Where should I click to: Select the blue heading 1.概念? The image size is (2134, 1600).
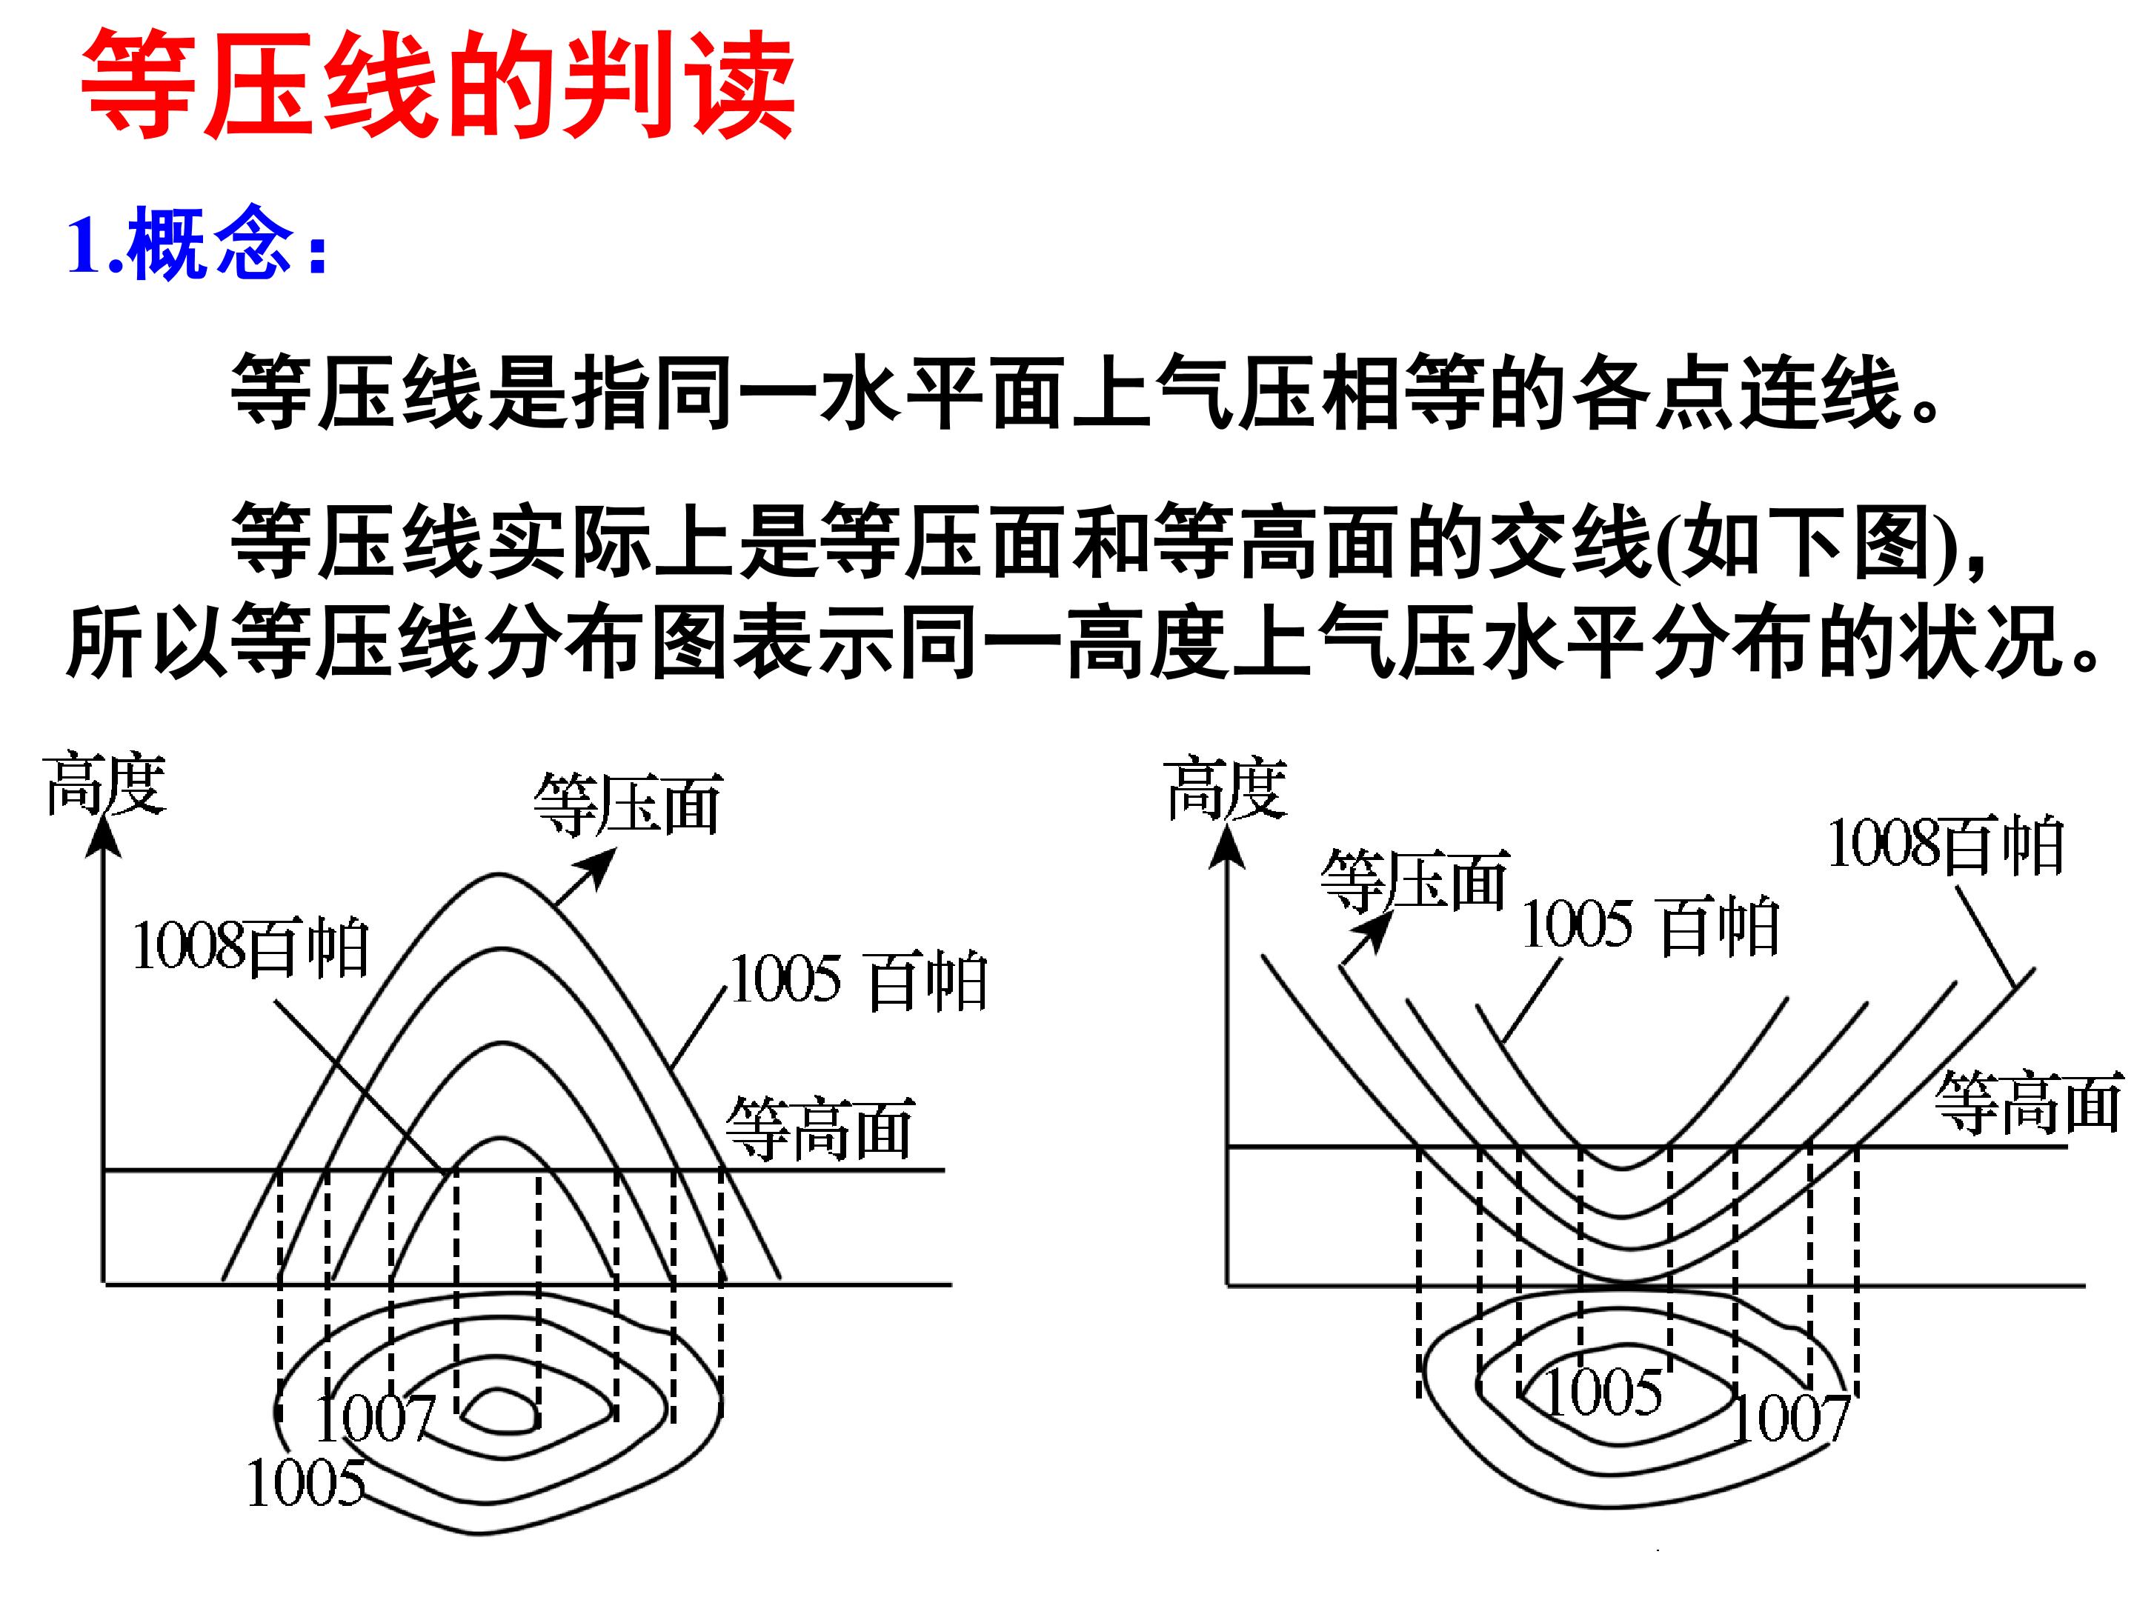click(x=198, y=243)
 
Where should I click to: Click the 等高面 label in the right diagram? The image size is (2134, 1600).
click(x=2028, y=1101)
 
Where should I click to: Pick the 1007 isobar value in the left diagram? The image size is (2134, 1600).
click(x=375, y=1418)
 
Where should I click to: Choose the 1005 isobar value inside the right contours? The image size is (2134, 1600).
click(x=1603, y=1392)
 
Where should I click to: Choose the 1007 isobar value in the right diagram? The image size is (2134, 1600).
click(x=1790, y=1418)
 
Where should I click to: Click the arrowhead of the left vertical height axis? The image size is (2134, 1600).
click(x=102, y=837)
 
